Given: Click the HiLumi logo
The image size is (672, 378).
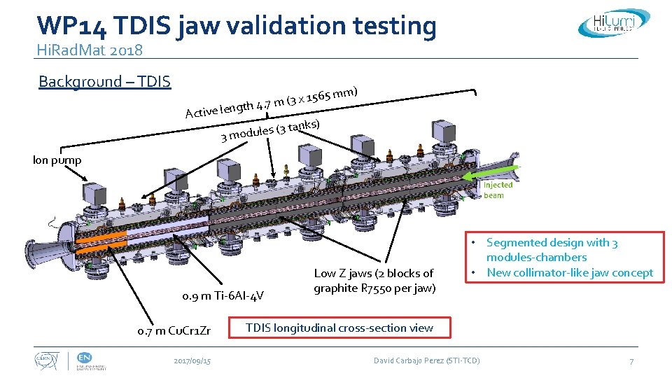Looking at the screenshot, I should pos(607,23).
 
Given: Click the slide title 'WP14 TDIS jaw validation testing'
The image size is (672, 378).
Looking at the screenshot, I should pos(237,25).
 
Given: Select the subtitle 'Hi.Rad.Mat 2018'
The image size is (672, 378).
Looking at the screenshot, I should pos(90,50).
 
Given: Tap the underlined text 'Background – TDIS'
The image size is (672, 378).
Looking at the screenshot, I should pos(104,82).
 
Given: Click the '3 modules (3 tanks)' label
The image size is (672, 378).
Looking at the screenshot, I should pos(270,130).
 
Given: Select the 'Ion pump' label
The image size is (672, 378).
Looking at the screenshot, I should pos(57,160).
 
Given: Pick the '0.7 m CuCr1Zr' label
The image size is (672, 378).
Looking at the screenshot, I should pos(174,329).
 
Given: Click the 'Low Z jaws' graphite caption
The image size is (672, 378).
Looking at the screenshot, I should pos(373,281).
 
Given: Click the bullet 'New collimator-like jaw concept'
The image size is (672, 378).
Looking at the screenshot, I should pos(570,273).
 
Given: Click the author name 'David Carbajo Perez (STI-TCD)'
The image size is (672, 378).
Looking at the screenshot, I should pos(426,360).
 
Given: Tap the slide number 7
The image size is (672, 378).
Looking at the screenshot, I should pos(631,361).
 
